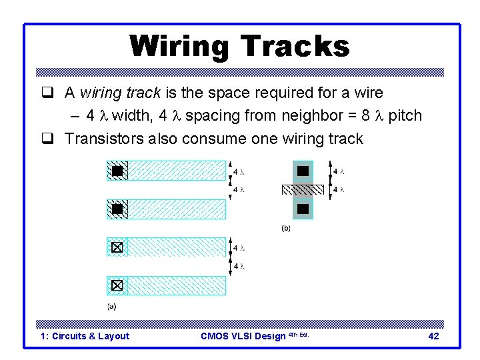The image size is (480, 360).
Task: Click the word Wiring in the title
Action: (x=179, y=47)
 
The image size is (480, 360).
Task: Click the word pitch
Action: (x=405, y=115)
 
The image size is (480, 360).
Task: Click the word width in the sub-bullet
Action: (x=131, y=115)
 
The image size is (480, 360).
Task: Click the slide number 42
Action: (x=433, y=336)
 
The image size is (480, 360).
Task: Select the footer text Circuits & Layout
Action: (x=91, y=336)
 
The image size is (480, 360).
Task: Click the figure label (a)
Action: (x=112, y=307)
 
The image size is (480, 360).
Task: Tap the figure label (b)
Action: (x=286, y=228)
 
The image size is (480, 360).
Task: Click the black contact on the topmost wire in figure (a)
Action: (x=117, y=171)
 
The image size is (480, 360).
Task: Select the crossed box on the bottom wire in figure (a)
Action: (x=117, y=286)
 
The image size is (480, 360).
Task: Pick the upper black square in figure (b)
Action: (x=303, y=171)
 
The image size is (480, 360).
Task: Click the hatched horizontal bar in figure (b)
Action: (x=303, y=190)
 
